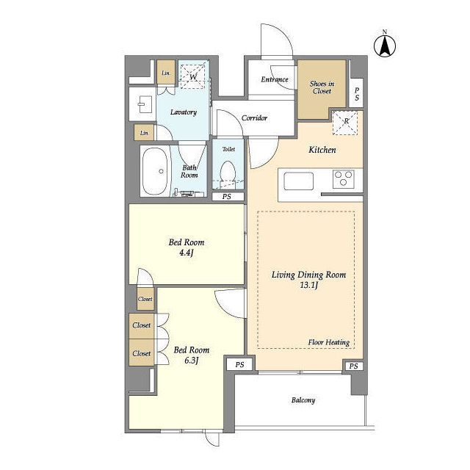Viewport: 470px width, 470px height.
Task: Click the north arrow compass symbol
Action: (385, 46)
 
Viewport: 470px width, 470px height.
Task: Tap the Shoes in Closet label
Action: (322, 87)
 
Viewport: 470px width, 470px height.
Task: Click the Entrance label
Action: (275, 79)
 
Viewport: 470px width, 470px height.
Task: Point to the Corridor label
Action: (254, 117)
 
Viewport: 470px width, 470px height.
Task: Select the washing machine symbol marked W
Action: (192, 75)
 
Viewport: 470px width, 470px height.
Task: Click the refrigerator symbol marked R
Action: (345, 123)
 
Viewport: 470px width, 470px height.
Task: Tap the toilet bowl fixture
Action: (228, 173)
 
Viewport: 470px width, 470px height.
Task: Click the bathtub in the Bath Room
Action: (155, 172)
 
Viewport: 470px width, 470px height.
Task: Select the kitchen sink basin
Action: (299, 181)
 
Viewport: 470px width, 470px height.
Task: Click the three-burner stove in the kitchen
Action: (344, 179)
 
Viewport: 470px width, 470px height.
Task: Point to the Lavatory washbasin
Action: (142, 104)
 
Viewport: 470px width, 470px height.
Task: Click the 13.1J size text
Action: (309, 285)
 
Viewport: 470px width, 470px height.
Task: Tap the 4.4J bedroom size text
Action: (186, 253)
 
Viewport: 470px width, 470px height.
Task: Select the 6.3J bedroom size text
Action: (192, 361)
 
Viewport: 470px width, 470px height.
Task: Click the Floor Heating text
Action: (329, 342)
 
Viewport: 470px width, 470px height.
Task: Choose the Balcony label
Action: (303, 400)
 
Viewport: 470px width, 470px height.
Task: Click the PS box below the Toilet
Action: (228, 197)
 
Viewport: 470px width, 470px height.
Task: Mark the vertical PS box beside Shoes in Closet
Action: (357, 93)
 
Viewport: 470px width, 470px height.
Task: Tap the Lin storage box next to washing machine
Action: (166, 73)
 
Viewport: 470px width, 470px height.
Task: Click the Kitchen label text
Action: (322, 150)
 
